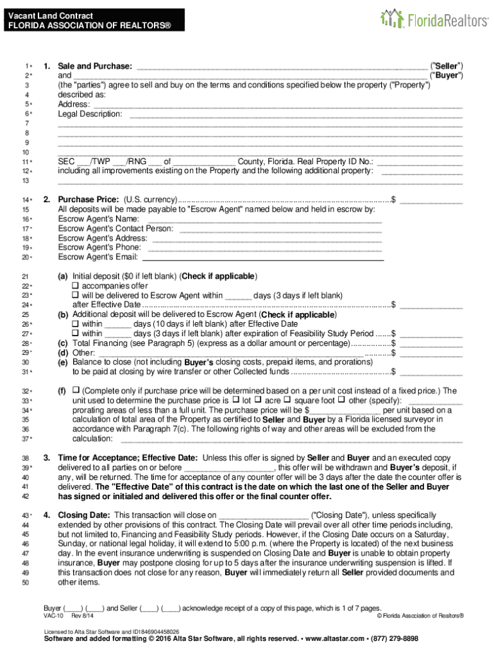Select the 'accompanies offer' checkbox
coord(76,286)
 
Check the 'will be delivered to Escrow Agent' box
coord(76,295)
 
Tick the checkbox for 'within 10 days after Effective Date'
coord(76,324)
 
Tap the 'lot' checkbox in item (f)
coord(235,400)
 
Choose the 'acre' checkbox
coord(259,400)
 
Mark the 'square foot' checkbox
coord(288,400)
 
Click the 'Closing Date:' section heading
coord(84,515)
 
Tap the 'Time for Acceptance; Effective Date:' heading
coord(128,457)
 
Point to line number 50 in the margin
coord(26,583)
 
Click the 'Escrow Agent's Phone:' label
coord(99,248)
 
